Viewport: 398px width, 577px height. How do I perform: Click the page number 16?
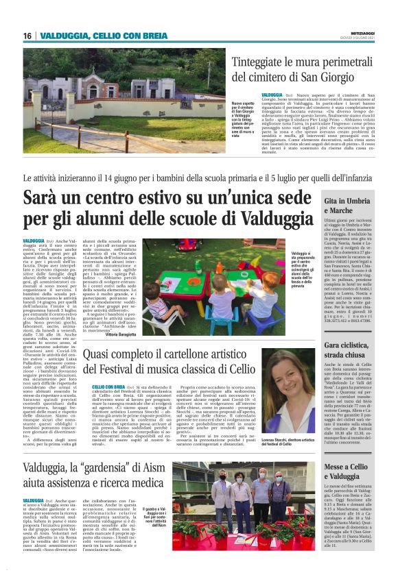pos(27,36)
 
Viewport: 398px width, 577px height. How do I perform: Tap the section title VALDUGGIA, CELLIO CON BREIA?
pos(96,36)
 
